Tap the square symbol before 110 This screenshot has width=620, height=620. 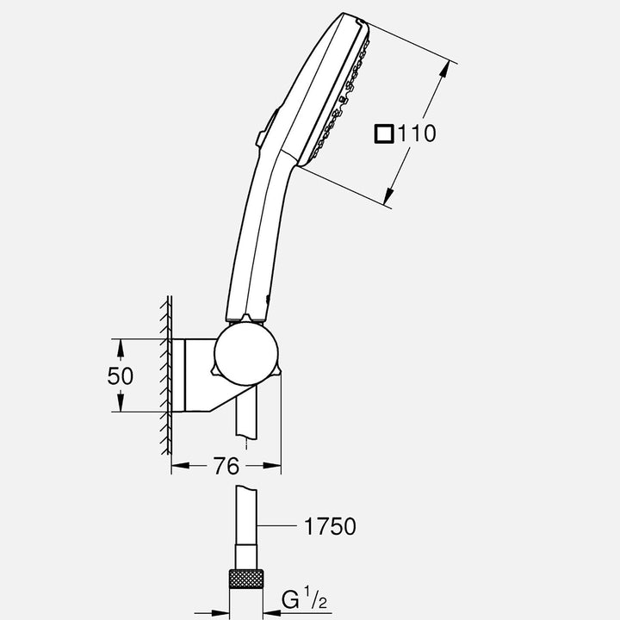384,133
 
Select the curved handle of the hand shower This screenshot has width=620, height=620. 258,232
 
